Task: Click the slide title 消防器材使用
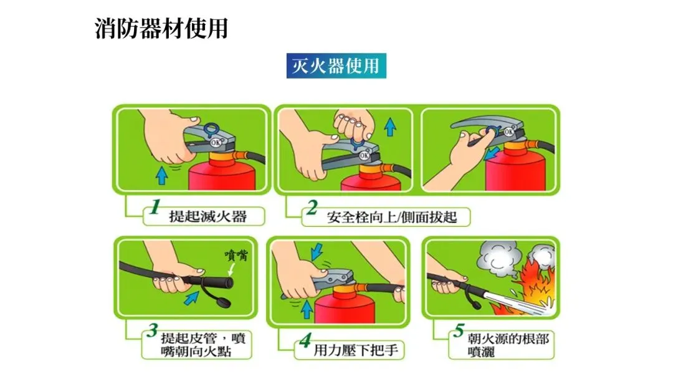(x=161, y=29)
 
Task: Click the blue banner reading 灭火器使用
(x=336, y=65)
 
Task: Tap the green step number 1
(x=155, y=207)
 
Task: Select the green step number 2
(x=312, y=208)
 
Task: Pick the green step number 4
(x=305, y=341)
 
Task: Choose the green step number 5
(x=459, y=330)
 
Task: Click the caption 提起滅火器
(x=208, y=216)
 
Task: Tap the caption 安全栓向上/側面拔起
(x=392, y=217)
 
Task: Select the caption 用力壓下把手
(x=356, y=350)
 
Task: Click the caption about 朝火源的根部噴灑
(x=508, y=345)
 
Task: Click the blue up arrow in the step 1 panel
(x=162, y=176)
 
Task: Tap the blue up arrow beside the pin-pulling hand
(x=390, y=127)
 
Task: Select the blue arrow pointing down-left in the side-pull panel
(x=492, y=153)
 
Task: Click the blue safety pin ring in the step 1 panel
(x=211, y=130)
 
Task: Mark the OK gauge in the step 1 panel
(x=216, y=142)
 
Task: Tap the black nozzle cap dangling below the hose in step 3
(x=223, y=303)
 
